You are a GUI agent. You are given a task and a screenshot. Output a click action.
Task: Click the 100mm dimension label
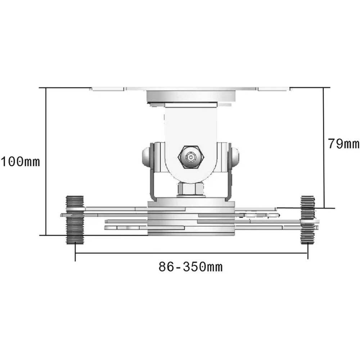pos(20,162)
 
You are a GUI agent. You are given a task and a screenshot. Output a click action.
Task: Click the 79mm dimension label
pos(343,144)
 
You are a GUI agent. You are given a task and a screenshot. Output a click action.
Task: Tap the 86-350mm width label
pos(190,267)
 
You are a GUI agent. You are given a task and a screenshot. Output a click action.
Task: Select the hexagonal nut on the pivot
pos(191,157)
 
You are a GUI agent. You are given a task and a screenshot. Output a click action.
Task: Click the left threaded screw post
pos(75,220)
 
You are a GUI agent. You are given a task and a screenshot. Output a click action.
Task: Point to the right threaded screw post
pos(307,220)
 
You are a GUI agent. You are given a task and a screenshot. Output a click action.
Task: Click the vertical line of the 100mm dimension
pos(46,161)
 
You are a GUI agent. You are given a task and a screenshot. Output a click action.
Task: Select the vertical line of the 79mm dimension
pos(324,148)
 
